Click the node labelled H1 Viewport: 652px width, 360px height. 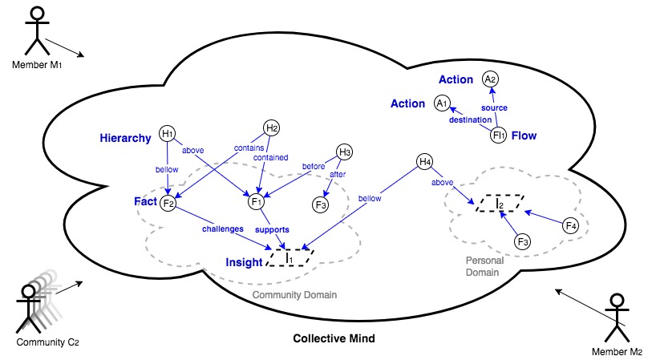tap(168, 134)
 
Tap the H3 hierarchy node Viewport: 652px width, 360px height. tap(345, 152)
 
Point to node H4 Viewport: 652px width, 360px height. tap(425, 164)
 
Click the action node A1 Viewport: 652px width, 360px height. tap(441, 103)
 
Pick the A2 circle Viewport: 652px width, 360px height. tap(490, 79)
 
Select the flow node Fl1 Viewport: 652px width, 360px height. tap(499, 135)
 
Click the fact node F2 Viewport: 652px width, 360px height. tap(168, 202)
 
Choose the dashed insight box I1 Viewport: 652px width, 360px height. tap(290, 257)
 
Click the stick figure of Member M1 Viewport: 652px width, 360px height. tap(34, 30)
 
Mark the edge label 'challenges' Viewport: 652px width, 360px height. tap(221, 229)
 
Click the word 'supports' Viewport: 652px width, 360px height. tap(273, 229)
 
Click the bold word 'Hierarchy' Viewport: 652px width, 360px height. tap(126, 138)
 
